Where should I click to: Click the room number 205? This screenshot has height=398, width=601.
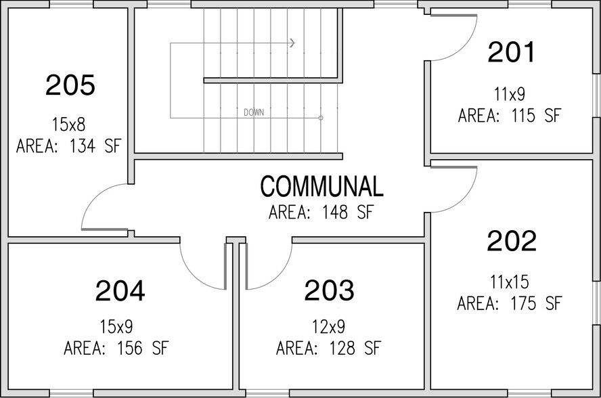[70, 86]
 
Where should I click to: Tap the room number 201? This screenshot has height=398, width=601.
[511, 52]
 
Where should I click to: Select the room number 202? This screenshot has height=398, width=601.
[511, 241]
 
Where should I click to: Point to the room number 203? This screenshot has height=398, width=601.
[329, 290]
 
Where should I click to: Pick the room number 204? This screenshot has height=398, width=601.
[120, 290]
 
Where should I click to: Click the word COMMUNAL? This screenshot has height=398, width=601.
[321, 186]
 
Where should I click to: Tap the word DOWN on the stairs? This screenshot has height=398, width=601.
[254, 112]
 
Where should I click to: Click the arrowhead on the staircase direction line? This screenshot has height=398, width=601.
[292, 43]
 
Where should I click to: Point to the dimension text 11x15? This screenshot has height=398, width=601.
[510, 281]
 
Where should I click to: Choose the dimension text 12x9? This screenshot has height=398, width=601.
[328, 328]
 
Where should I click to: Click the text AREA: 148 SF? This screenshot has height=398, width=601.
[321, 213]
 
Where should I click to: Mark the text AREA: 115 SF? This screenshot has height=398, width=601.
[510, 115]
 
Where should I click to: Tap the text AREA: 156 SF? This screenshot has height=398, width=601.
[116, 349]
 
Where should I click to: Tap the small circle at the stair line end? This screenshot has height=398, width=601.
[321, 118]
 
